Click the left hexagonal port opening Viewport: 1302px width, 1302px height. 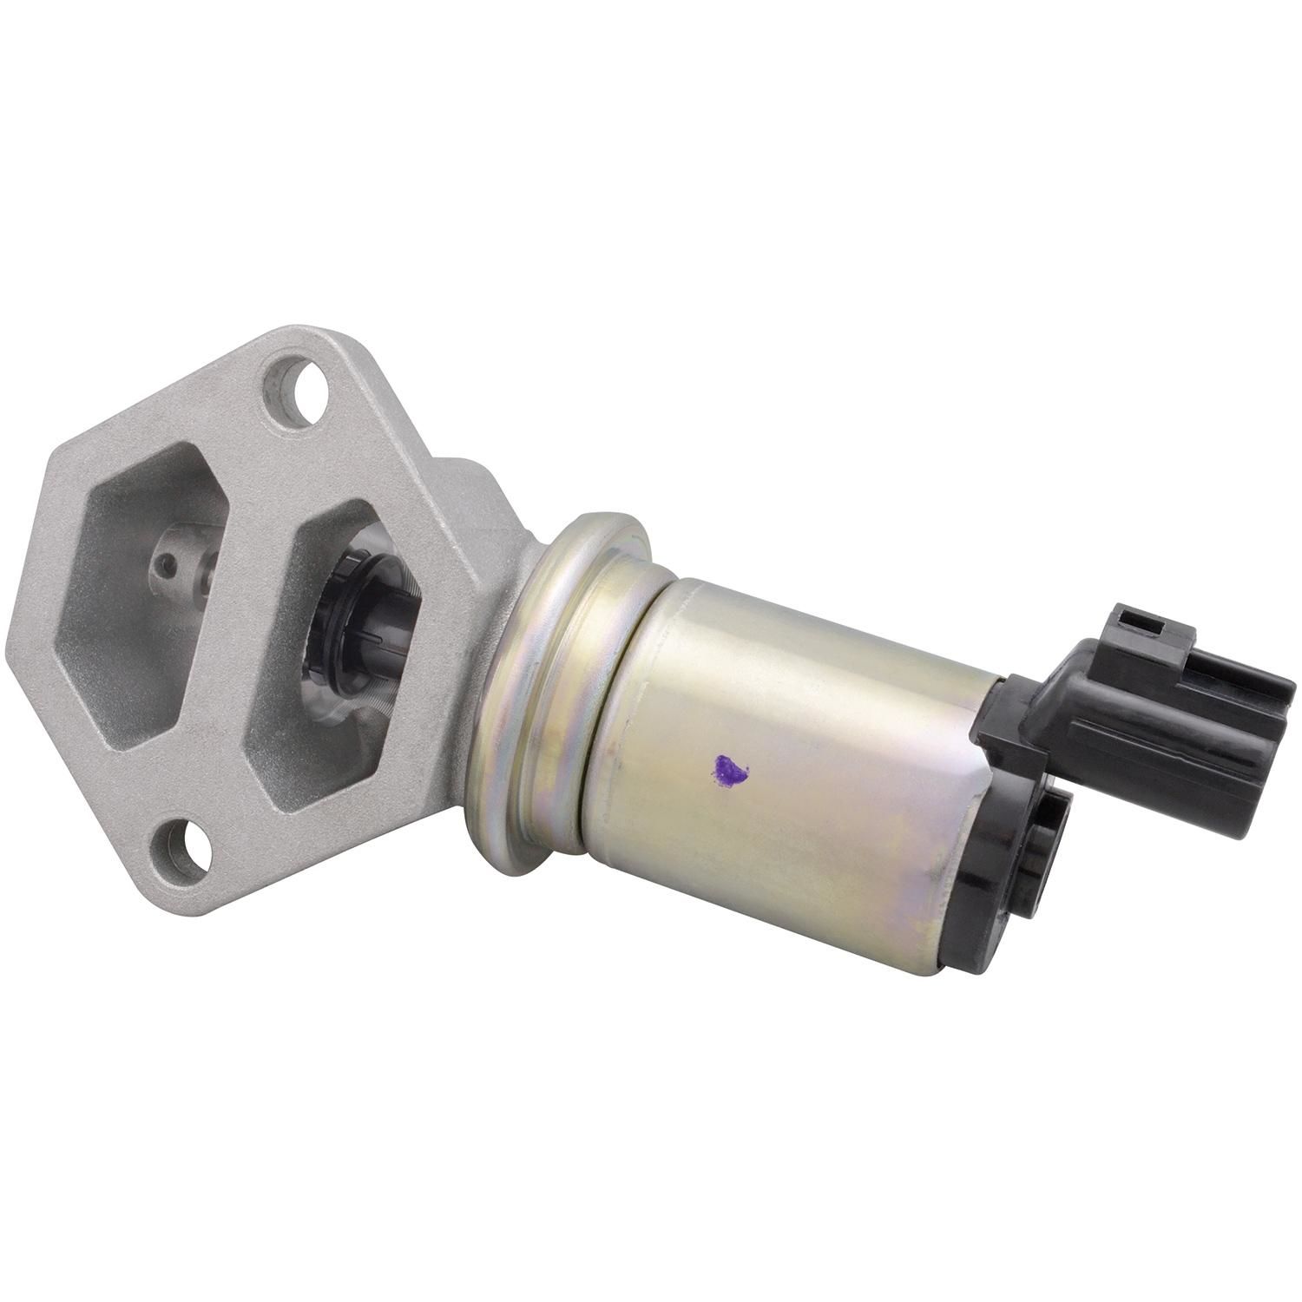[x=143, y=599]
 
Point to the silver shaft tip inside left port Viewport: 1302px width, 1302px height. [x=187, y=569]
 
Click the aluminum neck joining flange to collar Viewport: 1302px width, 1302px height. [x=486, y=521]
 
